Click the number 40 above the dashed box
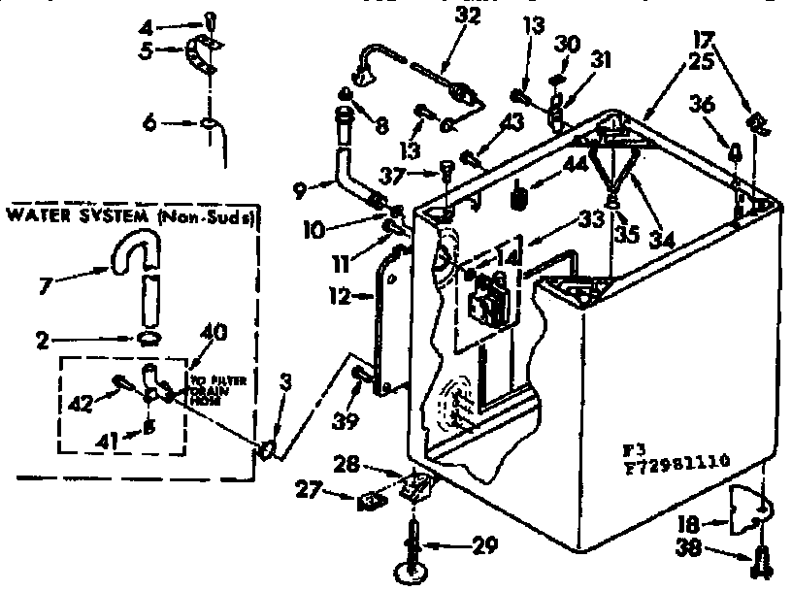pos(213,332)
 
